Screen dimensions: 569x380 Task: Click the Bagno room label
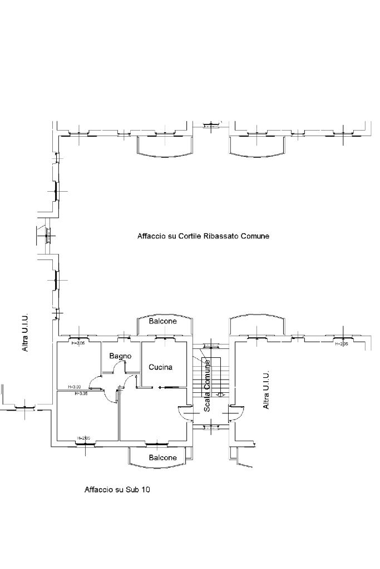[120, 356]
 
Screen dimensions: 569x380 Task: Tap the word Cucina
[160, 367]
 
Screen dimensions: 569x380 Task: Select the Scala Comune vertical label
[207, 386]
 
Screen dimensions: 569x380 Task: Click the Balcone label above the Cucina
[162, 321]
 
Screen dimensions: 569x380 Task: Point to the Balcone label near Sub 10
[162, 458]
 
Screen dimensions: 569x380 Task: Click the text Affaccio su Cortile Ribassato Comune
[203, 236]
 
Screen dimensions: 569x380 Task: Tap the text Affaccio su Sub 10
[117, 490]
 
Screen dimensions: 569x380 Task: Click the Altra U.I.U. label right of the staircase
[266, 390]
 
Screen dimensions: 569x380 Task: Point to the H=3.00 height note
[74, 387]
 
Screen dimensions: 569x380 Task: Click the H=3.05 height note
[81, 393]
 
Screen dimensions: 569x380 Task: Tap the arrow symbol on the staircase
[220, 395]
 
